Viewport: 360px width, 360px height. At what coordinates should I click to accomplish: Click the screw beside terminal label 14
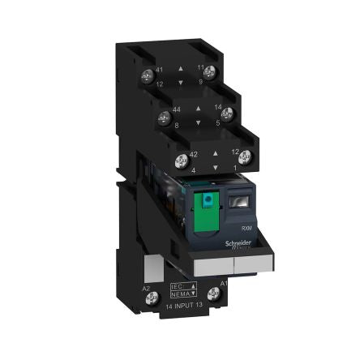(x=227, y=113)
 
